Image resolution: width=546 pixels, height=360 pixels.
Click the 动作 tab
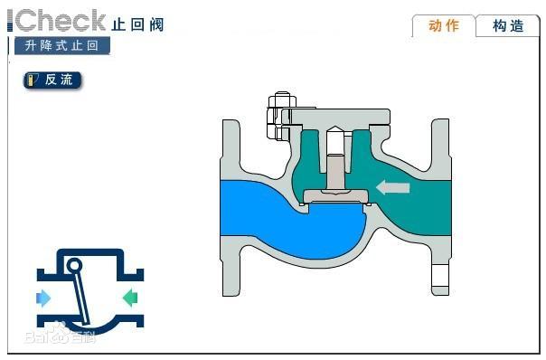[443, 25]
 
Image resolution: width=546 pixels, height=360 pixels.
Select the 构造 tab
[508, 25]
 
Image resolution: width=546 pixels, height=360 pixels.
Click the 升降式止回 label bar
[61, 45]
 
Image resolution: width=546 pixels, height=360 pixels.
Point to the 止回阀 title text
[137, 24]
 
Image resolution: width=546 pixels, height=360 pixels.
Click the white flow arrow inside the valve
[393, 188]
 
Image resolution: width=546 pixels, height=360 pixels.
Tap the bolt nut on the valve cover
[278, 116]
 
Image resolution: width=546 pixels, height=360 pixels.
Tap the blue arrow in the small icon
[43, 298]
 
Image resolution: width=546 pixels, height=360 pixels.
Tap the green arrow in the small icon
[129, 297]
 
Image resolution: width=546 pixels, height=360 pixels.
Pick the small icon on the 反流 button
[33, 80]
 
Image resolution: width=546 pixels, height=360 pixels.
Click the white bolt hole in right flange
[440, 273]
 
